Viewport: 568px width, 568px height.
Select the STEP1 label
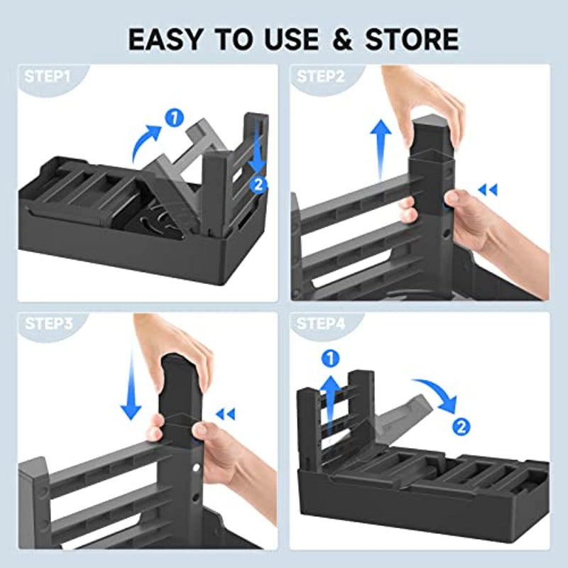(x=47, y=77)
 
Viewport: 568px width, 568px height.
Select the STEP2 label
(x=321, y=77)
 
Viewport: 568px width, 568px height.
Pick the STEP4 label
(x=321, y=324)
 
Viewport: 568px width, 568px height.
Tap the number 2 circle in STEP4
(x=461, y=427)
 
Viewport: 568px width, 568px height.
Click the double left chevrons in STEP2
(x=487, y=190)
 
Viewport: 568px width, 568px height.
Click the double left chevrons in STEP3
(x=225, y=414)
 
